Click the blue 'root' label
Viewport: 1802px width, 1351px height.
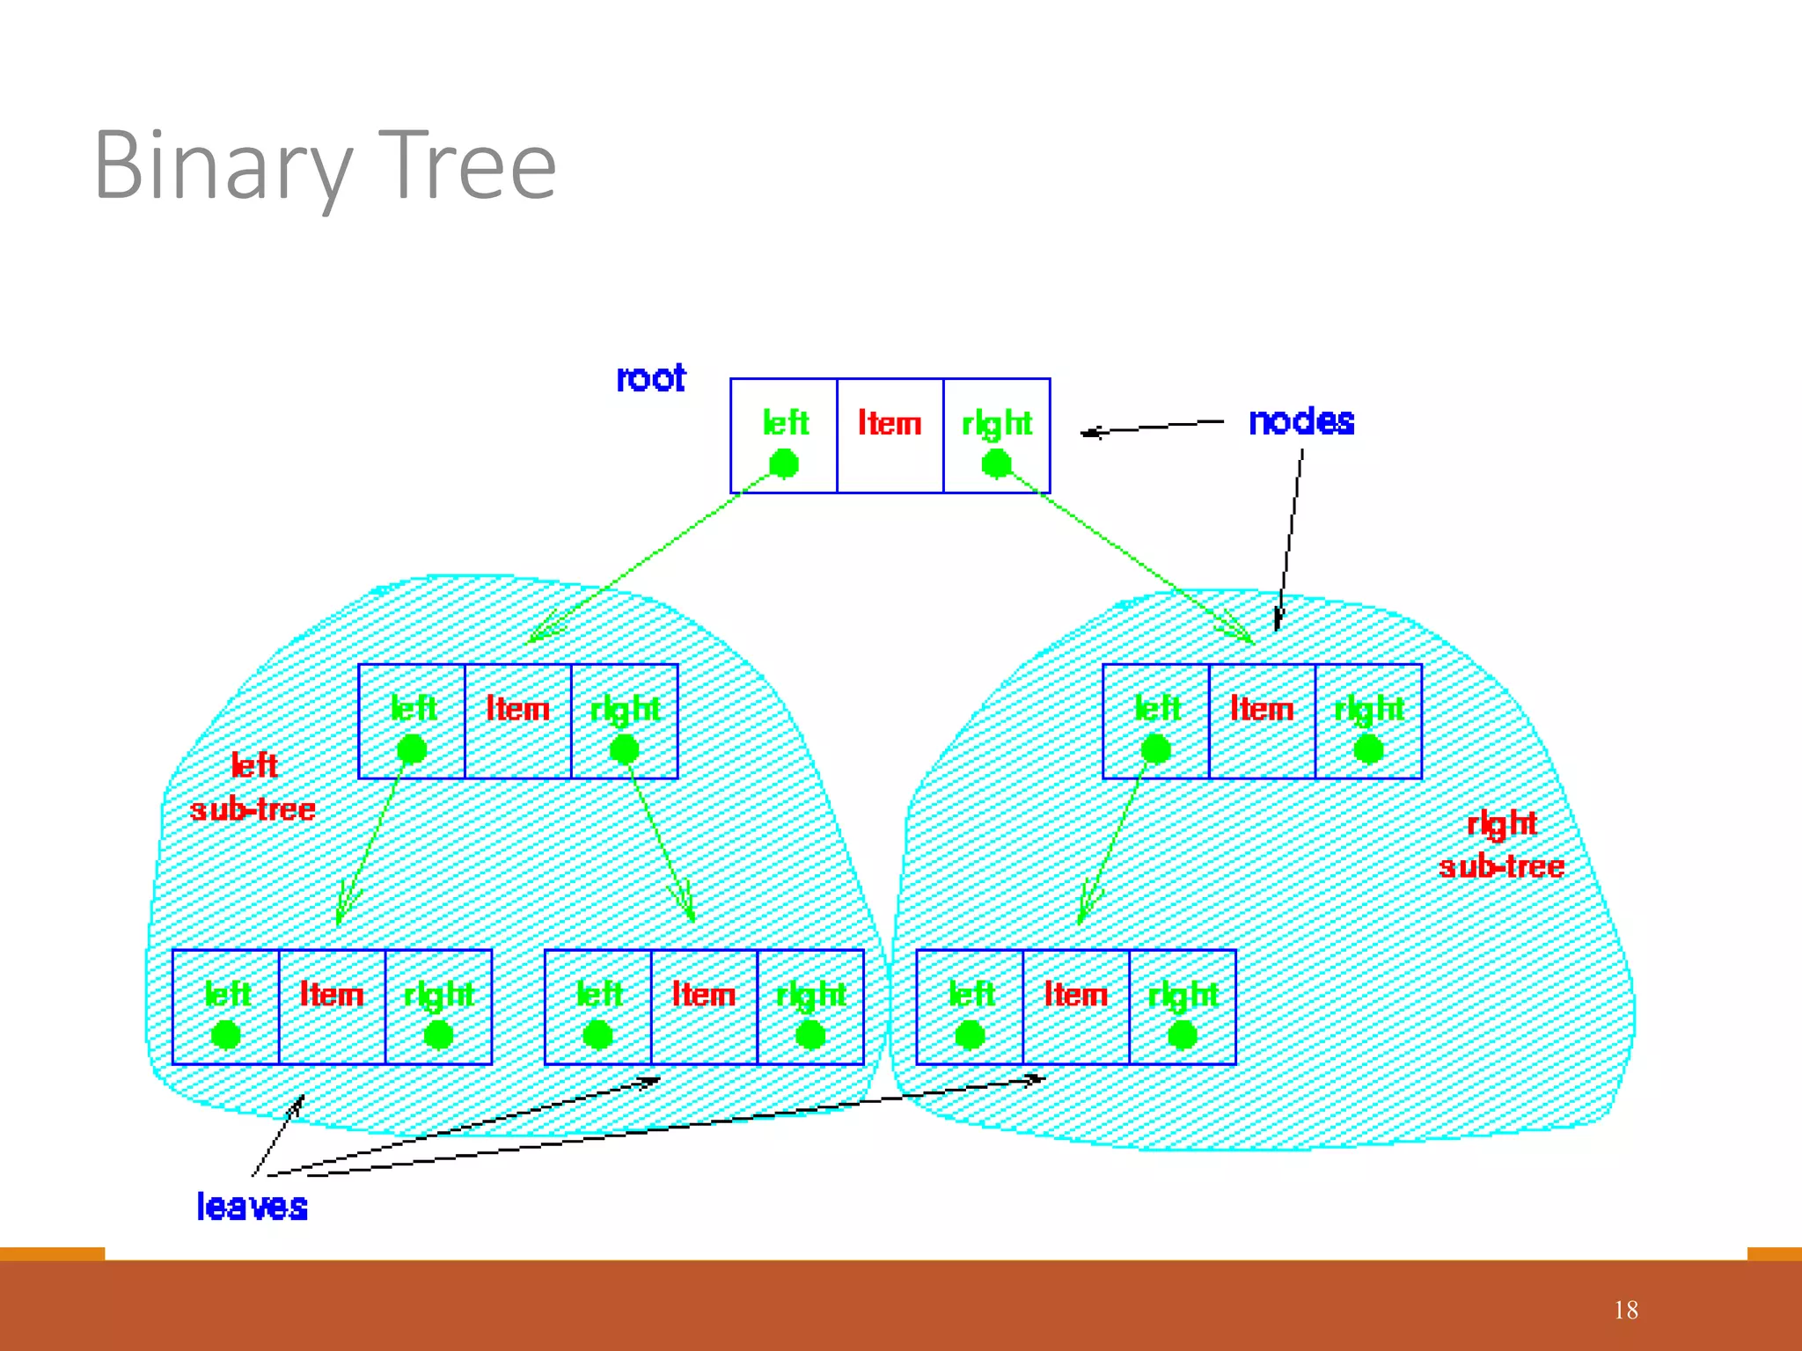pyautogui.click(x=650, y=378)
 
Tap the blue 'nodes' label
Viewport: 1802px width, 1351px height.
pyautogui.click(x=1300, y=422)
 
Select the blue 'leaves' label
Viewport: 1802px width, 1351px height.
pyautogui.click(x=252, y=1207)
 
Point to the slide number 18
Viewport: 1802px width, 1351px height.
pyautogui.click(x=1625, y=1310)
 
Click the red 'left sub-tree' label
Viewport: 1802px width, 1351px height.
pyautogui.click(x=253, y=787)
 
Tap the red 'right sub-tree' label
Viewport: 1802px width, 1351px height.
pyautogui.click(x=1501, y=845)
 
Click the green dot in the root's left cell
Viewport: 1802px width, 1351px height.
pyautogui.click(x=783, y=464)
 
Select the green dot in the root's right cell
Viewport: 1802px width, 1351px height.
pyautogui.click(x=996, y=464)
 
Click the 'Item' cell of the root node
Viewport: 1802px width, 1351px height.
pyautogui.click(x=890, y=435)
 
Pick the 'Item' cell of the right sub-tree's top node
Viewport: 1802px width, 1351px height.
pyautogui.click(x=1262, y=721)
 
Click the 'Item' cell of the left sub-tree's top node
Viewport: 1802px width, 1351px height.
pyautogui.click(x=517, y=721)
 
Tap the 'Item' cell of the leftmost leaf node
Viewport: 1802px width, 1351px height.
pyautogui.click(x=332, y=1006)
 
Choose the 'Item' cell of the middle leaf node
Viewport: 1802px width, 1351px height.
pyautogui.click(x=704, y=1006)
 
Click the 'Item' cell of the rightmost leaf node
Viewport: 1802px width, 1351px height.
pyautogui.click(x=1075, y=1006)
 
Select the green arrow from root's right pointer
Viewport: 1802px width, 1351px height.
pyautogui.click(x=1135, y=563)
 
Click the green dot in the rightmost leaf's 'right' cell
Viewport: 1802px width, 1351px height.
pyautogui.click(x=1182, y=1035)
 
